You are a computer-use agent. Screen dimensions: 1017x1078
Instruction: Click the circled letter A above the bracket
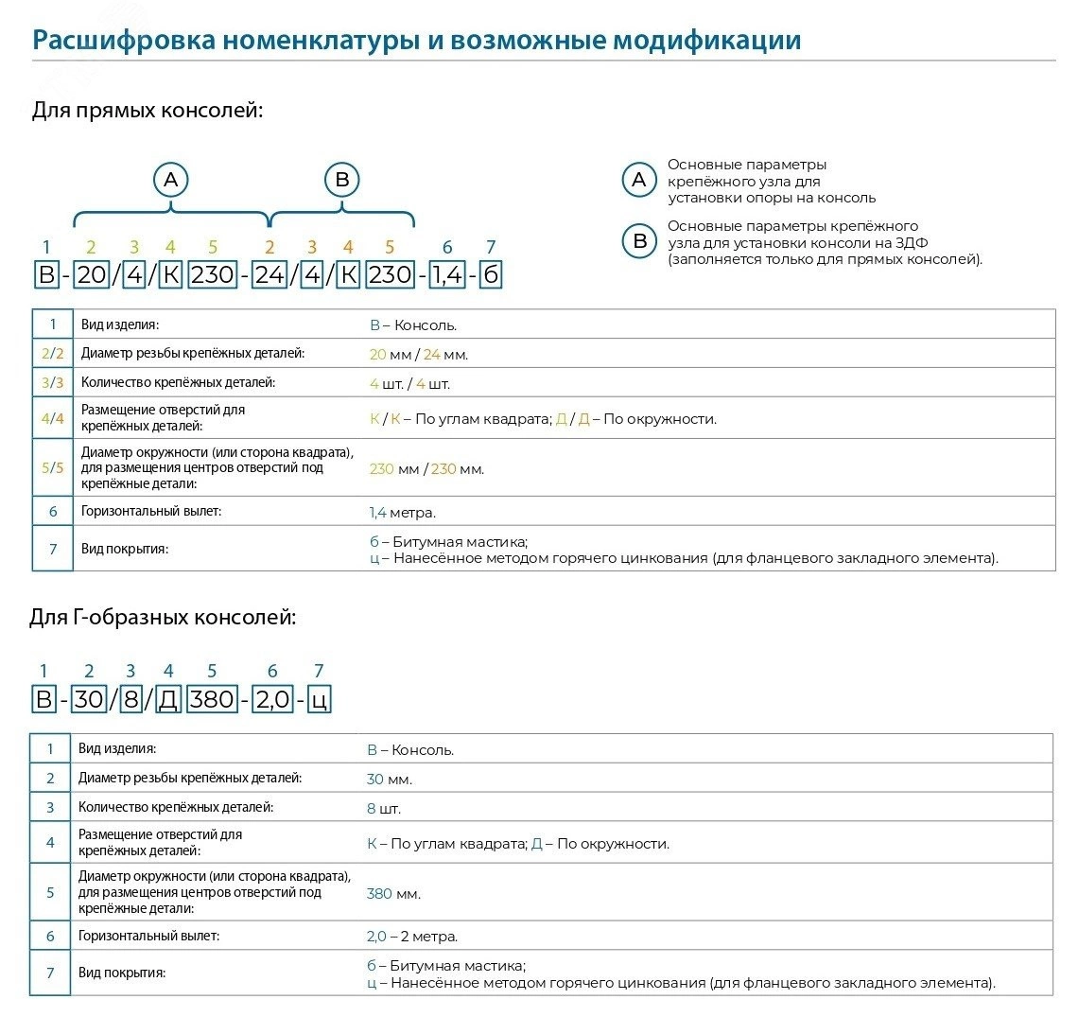pyautogui.click(x=170, y=179)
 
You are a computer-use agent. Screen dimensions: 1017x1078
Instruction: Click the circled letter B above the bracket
pyautogui.click(x=342, y=179)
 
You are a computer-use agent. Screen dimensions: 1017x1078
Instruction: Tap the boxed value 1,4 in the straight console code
pyautogui.click(x=448, y=275)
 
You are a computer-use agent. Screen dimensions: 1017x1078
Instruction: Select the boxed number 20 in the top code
pyautogui.click(x=92, y=275)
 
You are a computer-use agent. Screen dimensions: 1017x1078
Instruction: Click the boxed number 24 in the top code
pyautogui.click(x=269, y=275)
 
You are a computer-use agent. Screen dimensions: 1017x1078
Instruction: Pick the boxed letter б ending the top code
pyautogui.click(x=490, y=275)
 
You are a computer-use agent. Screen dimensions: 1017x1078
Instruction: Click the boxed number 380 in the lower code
pyautogui.click(x=211, y=700)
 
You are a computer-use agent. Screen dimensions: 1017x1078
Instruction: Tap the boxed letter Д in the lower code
pyautogui.click(x=167, y=700)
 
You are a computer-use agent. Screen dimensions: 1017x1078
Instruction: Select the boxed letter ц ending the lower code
pyautogui.click(x=320, y=700)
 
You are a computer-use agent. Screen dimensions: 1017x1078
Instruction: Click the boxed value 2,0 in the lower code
pyautogui.click(x=272, y=700)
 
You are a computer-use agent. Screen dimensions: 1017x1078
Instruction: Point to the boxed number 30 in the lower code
pyautogui.click(x=89, y=700)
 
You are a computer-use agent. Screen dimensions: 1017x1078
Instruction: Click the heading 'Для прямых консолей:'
pyautogui.click(x=147, y=111)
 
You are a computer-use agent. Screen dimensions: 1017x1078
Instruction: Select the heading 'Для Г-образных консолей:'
pyautogui.click(x=163, y=618)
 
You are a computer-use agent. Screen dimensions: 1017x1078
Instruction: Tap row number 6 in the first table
pyautogui.click(x=53, y=512)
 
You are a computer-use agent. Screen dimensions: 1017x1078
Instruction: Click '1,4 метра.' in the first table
pyautogui.click(x=402, y=513)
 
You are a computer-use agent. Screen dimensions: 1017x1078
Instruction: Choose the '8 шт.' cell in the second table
pyautogui.click(x=384, y=809)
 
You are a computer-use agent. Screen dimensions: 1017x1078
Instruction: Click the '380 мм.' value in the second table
pyautogui.click(x=393, y=893)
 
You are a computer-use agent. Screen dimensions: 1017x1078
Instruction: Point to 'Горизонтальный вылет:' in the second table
pyautogui.click(x=148, y=936)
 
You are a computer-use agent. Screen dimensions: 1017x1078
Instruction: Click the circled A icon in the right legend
pyautogui.click(x=639, y=180)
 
